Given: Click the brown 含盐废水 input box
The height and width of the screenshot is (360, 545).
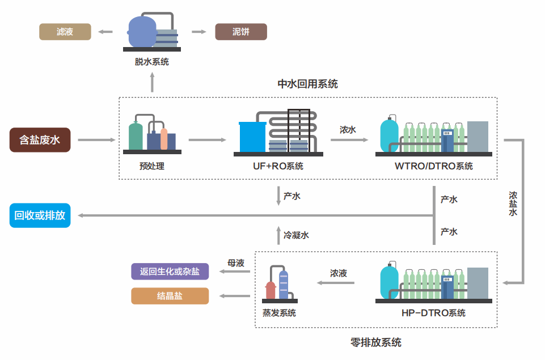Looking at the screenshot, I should [x=40, y=139].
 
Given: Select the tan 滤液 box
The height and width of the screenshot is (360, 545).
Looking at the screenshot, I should [x=65, y=32].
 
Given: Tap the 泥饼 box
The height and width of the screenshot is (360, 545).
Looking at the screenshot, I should [x=240, y=32].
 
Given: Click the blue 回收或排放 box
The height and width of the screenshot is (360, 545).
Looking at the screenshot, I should [x=40, y=215].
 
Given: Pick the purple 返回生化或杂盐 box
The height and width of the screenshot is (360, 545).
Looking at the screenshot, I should [x=170, y=272].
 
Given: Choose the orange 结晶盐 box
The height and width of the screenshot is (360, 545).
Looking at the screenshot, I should [x=170, y=296].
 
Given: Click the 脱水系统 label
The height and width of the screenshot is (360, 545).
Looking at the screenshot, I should [x=151, y=62].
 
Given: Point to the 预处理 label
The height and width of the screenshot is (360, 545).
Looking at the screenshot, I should [x=151, y=166].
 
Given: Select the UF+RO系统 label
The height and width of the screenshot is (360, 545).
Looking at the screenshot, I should [x=278, y=166].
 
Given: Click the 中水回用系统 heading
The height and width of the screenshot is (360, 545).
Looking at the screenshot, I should [x=307, y=84].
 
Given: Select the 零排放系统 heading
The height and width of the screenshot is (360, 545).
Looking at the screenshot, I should [x=376, y=342].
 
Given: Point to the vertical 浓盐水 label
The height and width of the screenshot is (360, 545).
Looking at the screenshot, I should [x=513, y=204].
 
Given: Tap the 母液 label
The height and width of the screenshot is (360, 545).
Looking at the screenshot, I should [x=236, y=263].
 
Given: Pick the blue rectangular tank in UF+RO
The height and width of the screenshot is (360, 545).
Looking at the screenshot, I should [x=252, y=137].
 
